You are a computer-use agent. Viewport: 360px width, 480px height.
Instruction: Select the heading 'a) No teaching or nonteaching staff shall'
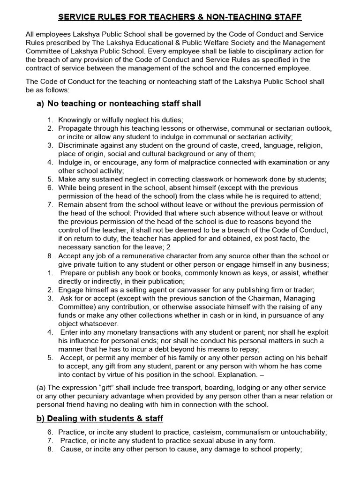point(119,103)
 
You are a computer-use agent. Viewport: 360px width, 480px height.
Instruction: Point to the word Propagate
point(76,128)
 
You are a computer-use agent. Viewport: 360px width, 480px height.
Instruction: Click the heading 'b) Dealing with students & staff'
point(99,418)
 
